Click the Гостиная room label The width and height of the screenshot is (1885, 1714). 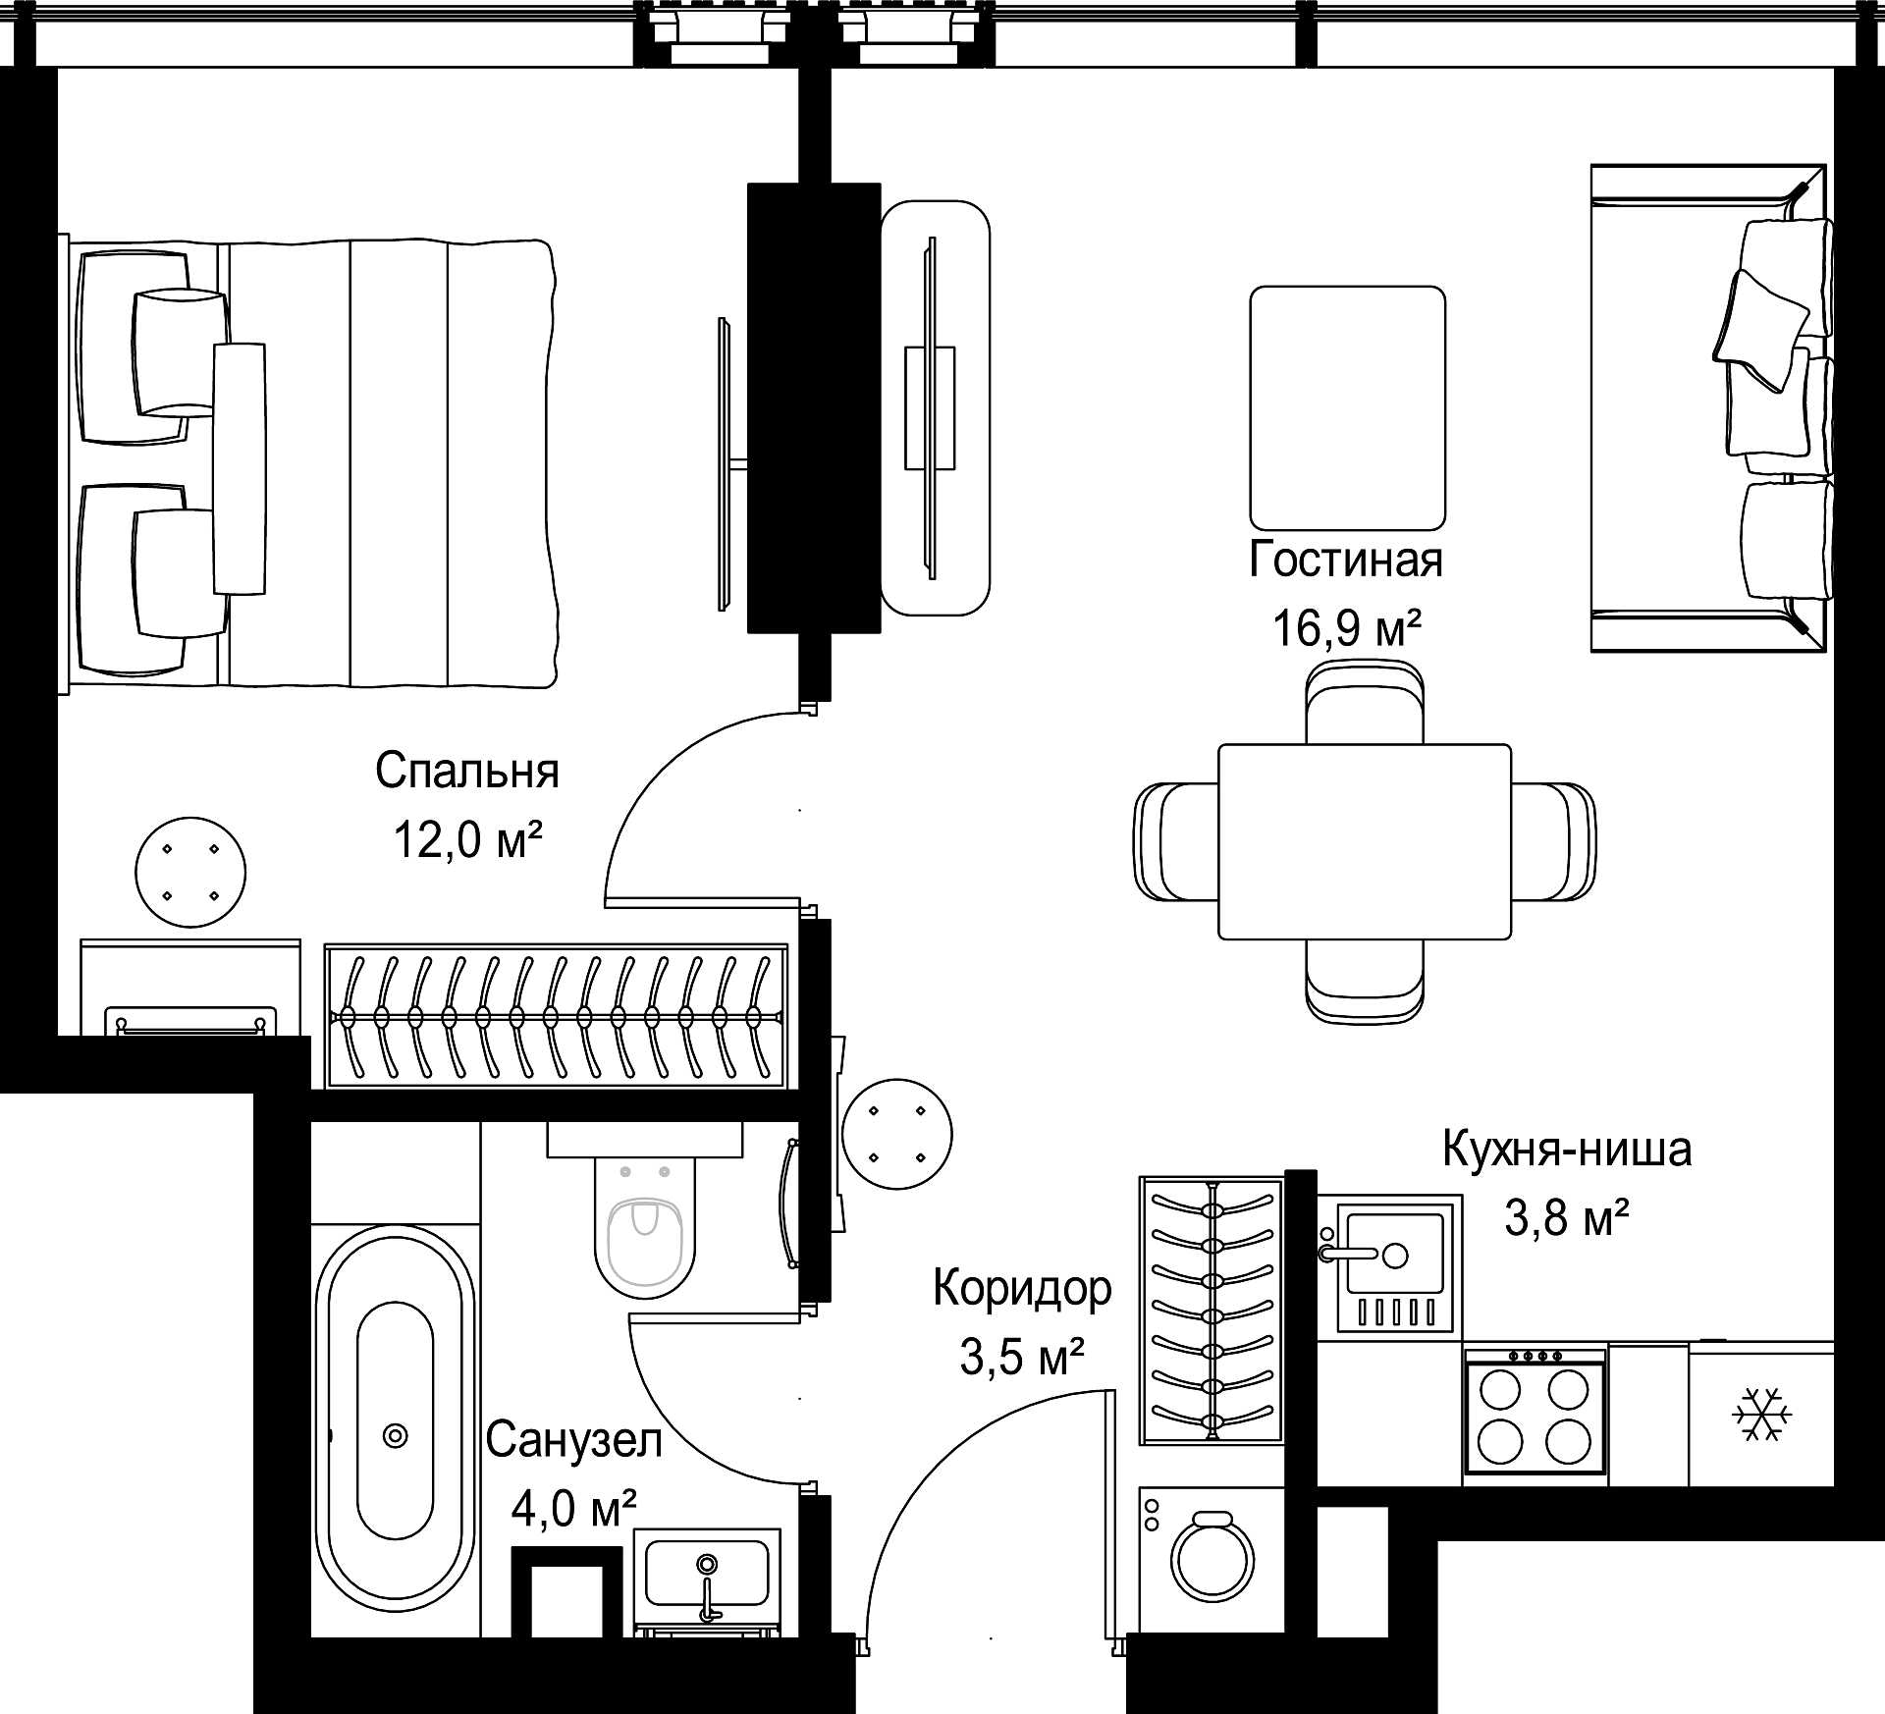click(1346, 560)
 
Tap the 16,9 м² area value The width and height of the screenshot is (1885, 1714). click(1347, 626)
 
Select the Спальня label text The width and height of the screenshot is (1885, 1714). click(467, 771)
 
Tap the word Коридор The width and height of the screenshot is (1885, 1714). click(1022, 1289)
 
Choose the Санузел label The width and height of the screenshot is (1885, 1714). click(574, 1440)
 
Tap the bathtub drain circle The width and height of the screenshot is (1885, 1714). click(395, 1436)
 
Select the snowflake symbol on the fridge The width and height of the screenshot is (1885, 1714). click(1763, 1415)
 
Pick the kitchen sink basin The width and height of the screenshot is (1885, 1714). click(1395, 1254)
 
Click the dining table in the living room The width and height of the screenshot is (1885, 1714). click(1365, 841)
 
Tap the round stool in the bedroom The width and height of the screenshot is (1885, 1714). click(190, 872)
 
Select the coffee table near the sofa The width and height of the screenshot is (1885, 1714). click(1347, 408)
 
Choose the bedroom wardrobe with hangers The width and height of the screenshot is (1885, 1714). click(557, 1016)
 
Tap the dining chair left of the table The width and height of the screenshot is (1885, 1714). click(1176, 841)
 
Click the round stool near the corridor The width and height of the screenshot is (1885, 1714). click(897, 1135)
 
